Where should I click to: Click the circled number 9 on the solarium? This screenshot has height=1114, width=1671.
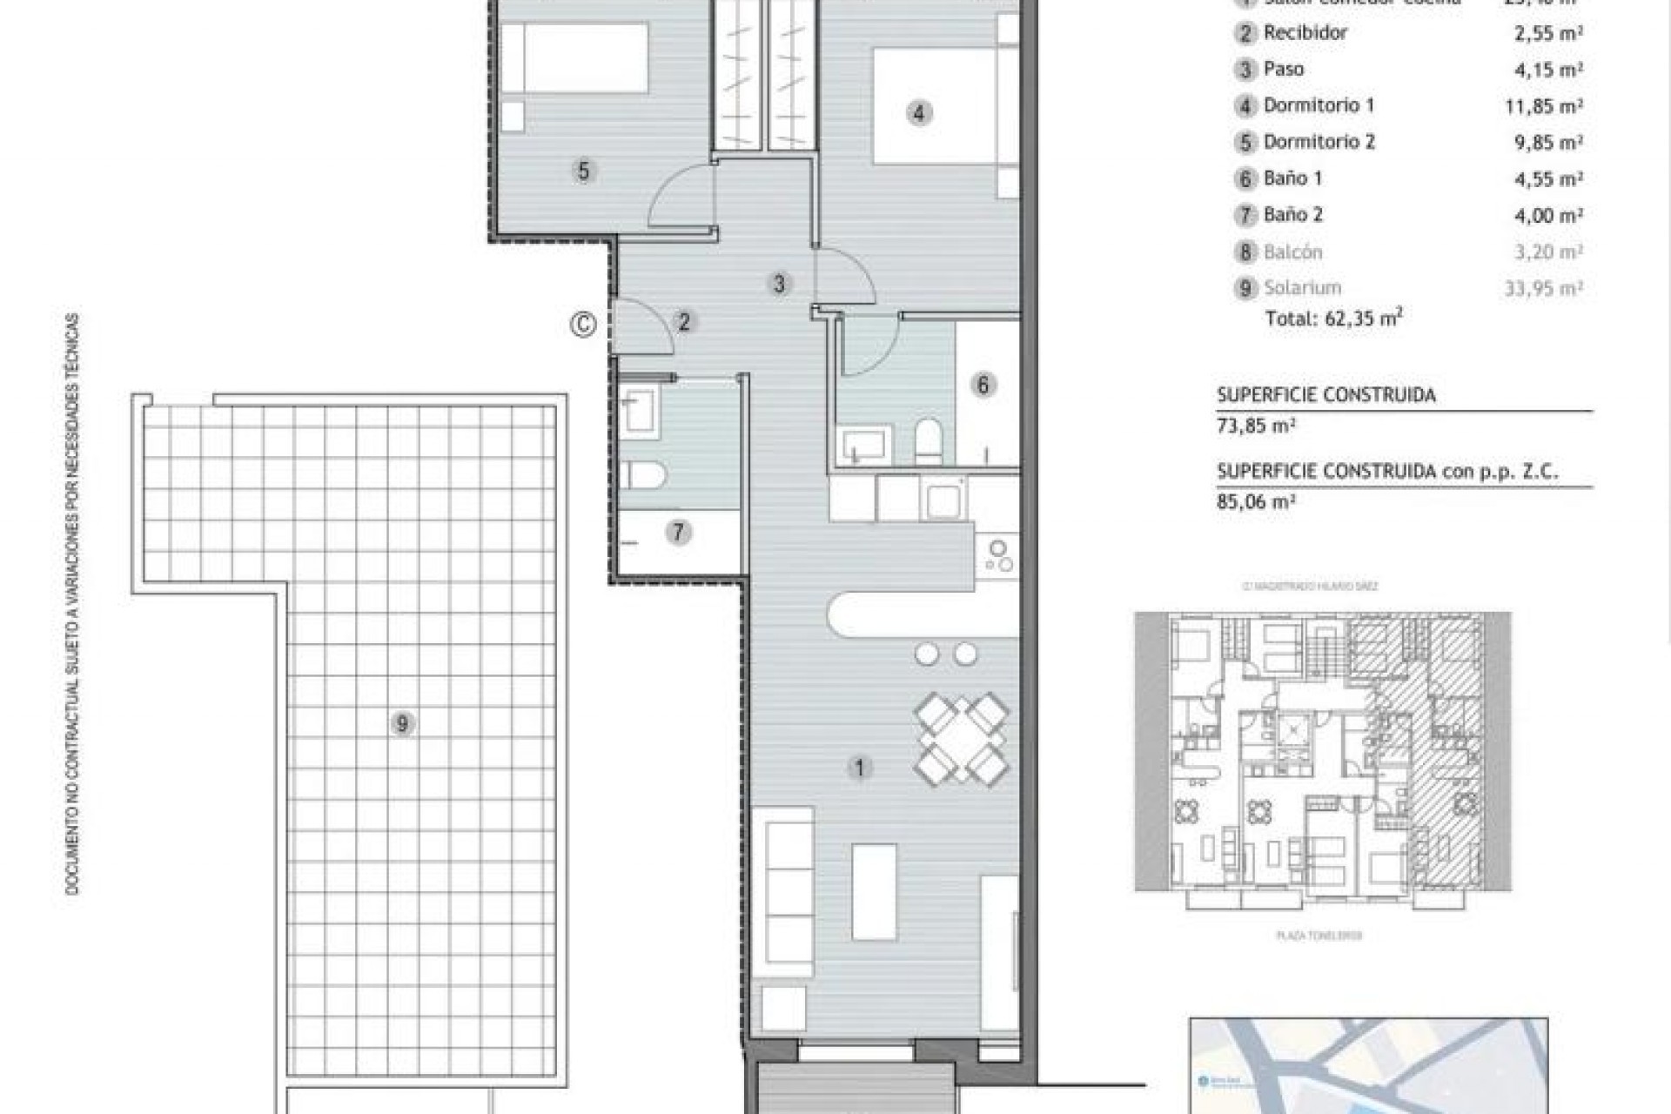click(x=401, y=723)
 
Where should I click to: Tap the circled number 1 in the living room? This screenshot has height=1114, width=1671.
click(x=860, y=768)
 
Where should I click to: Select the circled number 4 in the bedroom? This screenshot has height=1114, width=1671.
click(x=919, y=113)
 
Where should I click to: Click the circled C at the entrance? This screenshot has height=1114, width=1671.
click(x=583, y=325)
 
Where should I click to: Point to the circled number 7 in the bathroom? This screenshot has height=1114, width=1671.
click(x=679, y=532)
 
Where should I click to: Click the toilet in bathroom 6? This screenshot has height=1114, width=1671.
click(x=929, y=440)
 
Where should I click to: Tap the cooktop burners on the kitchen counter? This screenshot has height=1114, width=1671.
click(x=998, y=557)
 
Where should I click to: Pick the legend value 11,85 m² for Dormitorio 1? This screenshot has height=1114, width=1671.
click(x=1548, y=106)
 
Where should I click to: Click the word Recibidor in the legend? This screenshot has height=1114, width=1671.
click(x=1305, y=33)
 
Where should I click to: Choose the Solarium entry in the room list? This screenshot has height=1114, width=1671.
click(x=1303, y=288)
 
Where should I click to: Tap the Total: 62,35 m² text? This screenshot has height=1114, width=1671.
click(x=1333, y=319)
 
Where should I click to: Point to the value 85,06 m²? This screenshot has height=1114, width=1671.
click(x=1256, y=501)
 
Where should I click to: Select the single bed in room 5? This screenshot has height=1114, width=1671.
click(x=574, y=58)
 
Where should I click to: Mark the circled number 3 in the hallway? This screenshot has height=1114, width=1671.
click(x=779, y=283)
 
